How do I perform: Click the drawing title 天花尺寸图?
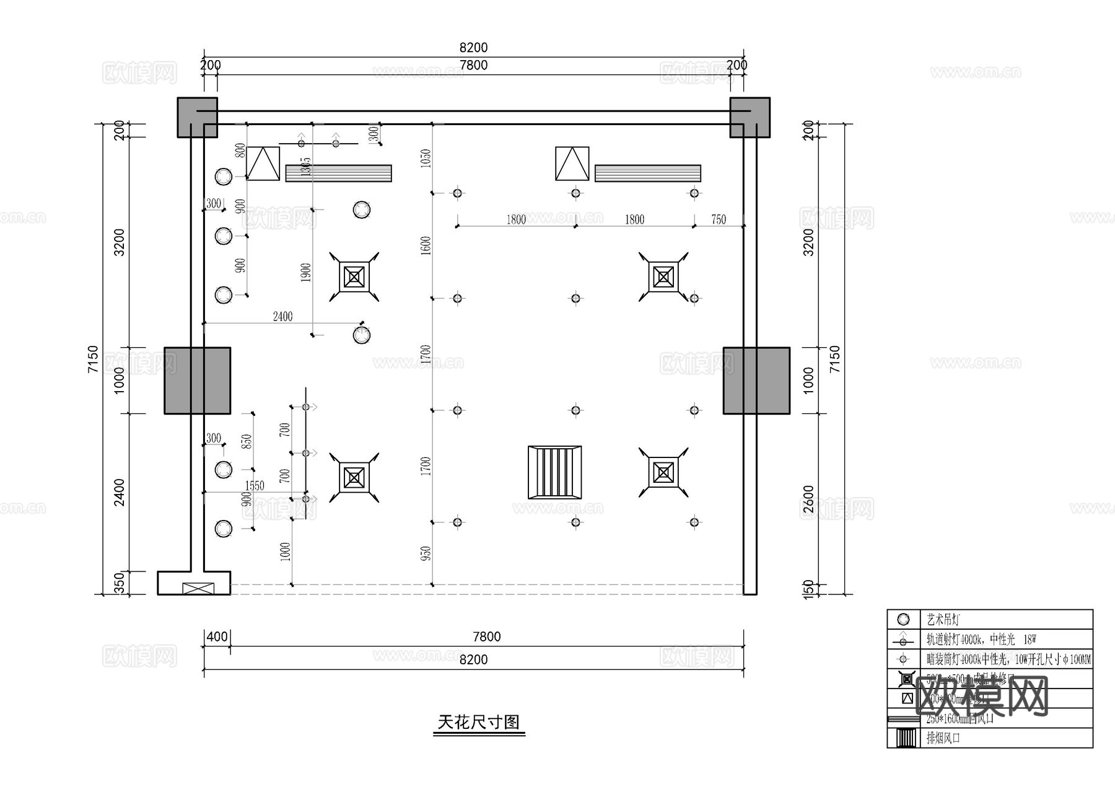pos(478,722)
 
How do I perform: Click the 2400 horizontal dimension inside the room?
pos(282,317)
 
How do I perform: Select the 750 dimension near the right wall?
pos(719,219)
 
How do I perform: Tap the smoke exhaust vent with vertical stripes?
pos(554,472)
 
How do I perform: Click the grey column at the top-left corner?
pos(197,117)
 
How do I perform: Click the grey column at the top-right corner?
pos(750,117)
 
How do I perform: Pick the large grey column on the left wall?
pos(197,381)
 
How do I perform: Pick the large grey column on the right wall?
pos(756,381)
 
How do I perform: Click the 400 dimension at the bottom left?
pos(217,637)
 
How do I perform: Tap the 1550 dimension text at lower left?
pos(255,485)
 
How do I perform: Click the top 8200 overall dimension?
pos(473,48)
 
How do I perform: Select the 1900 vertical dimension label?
pos(305,273)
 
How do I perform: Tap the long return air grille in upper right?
pos(647,173)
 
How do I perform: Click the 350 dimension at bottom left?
pos(120,583)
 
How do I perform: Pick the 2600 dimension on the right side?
pos(808,500)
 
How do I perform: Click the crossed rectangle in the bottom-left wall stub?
pos(198,588)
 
